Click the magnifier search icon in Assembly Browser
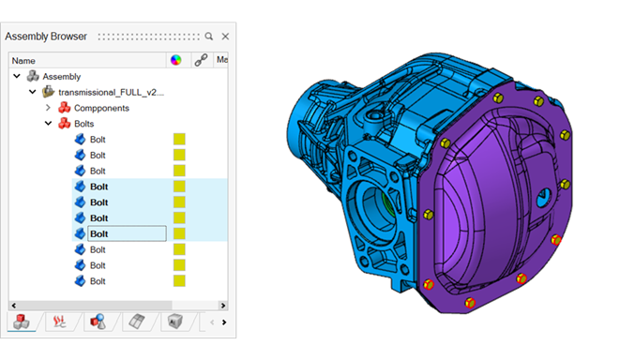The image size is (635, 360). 209,37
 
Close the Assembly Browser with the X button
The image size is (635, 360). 225,37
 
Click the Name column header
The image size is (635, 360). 23,61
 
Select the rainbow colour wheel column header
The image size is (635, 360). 175,60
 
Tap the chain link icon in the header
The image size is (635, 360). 202,60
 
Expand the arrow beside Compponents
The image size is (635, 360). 48,108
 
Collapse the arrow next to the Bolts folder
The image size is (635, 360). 48,123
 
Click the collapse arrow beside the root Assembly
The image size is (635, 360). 17,76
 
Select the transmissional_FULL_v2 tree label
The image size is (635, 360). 111,92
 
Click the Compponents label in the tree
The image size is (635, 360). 101,108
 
